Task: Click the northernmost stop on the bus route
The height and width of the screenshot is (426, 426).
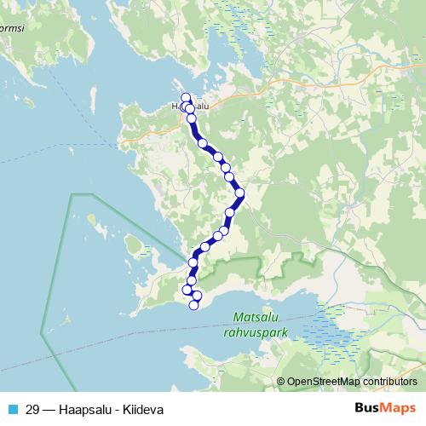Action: [185, 98]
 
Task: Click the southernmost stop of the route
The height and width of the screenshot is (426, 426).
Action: [194, 305]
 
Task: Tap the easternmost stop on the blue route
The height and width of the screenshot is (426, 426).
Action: [240, 193]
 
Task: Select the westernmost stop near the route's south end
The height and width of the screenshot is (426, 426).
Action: [187, 291]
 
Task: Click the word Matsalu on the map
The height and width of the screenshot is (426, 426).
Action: [252, 318]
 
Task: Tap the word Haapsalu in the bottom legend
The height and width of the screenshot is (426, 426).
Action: [85, 409]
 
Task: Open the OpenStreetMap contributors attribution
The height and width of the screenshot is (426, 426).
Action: [351, 382]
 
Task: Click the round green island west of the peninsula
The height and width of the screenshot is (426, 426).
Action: [133, 245]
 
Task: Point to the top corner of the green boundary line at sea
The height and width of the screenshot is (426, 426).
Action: [72, 195]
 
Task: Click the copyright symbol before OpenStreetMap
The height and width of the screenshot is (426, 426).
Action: [280, 382]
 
